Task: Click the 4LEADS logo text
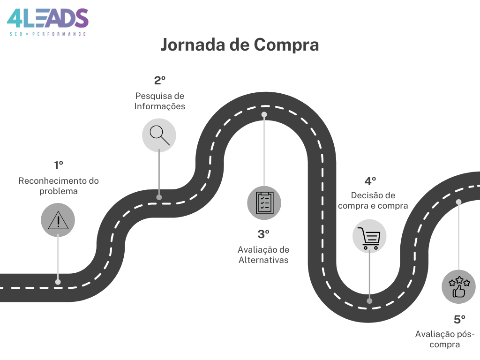pos(47,18)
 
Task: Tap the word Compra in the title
pos(286,45)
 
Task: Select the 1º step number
pos(59,165)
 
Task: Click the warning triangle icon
pos(58,220)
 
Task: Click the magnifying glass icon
pos(159,135)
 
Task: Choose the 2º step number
pos(160,81)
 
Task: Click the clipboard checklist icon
pos(264,203)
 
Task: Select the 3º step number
pos(263,234)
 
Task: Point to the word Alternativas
pos(263,260)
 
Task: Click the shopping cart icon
pos(369,238)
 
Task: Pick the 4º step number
pos(370,181)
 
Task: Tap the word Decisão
pos(364,195)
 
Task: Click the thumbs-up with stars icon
pos(459,287)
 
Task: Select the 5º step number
pos(459,320)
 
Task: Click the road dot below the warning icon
pos(58,282)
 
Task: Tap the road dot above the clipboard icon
pos(264,114)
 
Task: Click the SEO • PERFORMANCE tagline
pos(48,34)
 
